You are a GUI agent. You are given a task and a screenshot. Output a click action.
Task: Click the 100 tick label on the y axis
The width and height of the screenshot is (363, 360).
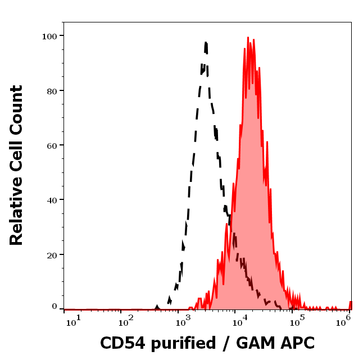(49, 36)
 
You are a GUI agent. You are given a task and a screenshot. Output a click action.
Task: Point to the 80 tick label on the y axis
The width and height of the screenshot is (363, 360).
(52, 90)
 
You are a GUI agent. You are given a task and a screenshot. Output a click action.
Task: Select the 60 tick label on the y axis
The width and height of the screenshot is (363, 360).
(52, 145)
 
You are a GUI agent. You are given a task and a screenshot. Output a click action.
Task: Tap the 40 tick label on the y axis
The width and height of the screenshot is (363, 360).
(52, 200)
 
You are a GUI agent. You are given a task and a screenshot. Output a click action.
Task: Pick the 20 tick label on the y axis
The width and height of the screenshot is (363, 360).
(52, 254)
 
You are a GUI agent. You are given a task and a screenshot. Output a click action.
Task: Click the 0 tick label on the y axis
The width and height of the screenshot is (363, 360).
(55, 307)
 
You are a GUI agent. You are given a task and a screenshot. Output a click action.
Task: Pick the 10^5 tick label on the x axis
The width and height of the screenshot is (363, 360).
(294, 320)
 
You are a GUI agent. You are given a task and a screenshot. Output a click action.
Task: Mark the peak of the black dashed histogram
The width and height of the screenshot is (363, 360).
(206, 43)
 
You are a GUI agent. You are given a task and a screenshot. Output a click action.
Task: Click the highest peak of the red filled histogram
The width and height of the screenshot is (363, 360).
(248, 38)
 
